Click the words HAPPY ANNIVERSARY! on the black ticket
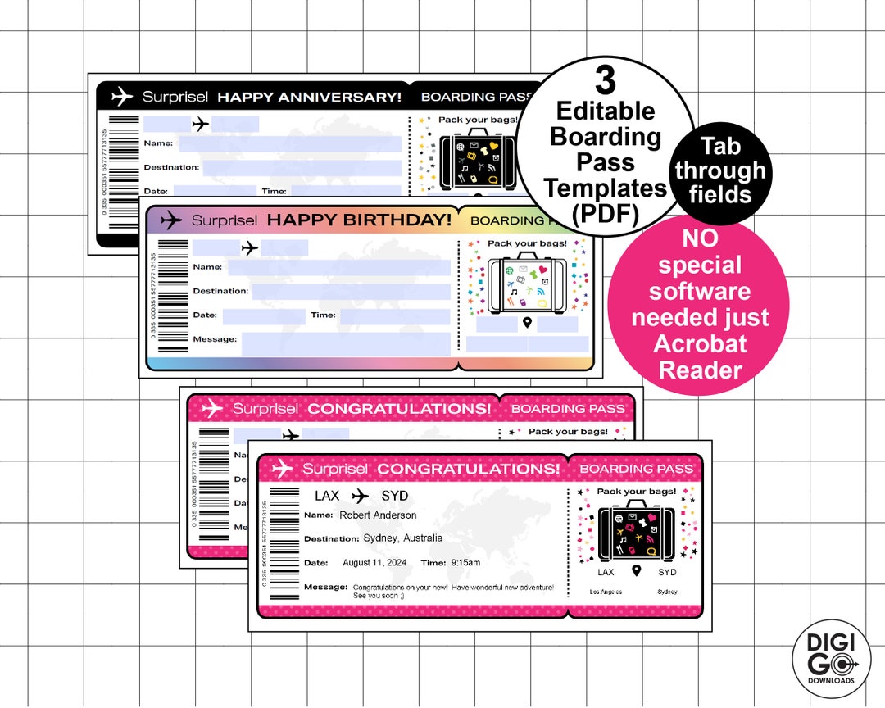pyautogui.click(x=309, y=97)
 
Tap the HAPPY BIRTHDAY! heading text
pyautogui.click(x=359, y=220)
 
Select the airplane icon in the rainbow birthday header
pyautogui.click(x=171, y=220)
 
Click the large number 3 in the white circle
pyautogui.click(x=605, y=80)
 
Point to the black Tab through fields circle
pyautogui.click(x=720, y=170)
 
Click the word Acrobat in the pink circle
pyautogui.click(x=700, y=343)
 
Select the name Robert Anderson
pyautogui.click(x=378, y=515)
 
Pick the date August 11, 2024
pyautogui.click(x=374, y=563)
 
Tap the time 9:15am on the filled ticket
pyautogui.click(x=465, y=563)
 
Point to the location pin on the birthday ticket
pyautogui.click(x=527, y=322)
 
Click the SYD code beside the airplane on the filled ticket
pyautogui.click(x=394, y=496)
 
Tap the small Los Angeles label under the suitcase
pyautogui.click(x=606, y=592)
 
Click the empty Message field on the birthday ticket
pyautogui.click(x=345, y=343)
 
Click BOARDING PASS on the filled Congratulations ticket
pyautogui.click(x=636, y=469)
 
